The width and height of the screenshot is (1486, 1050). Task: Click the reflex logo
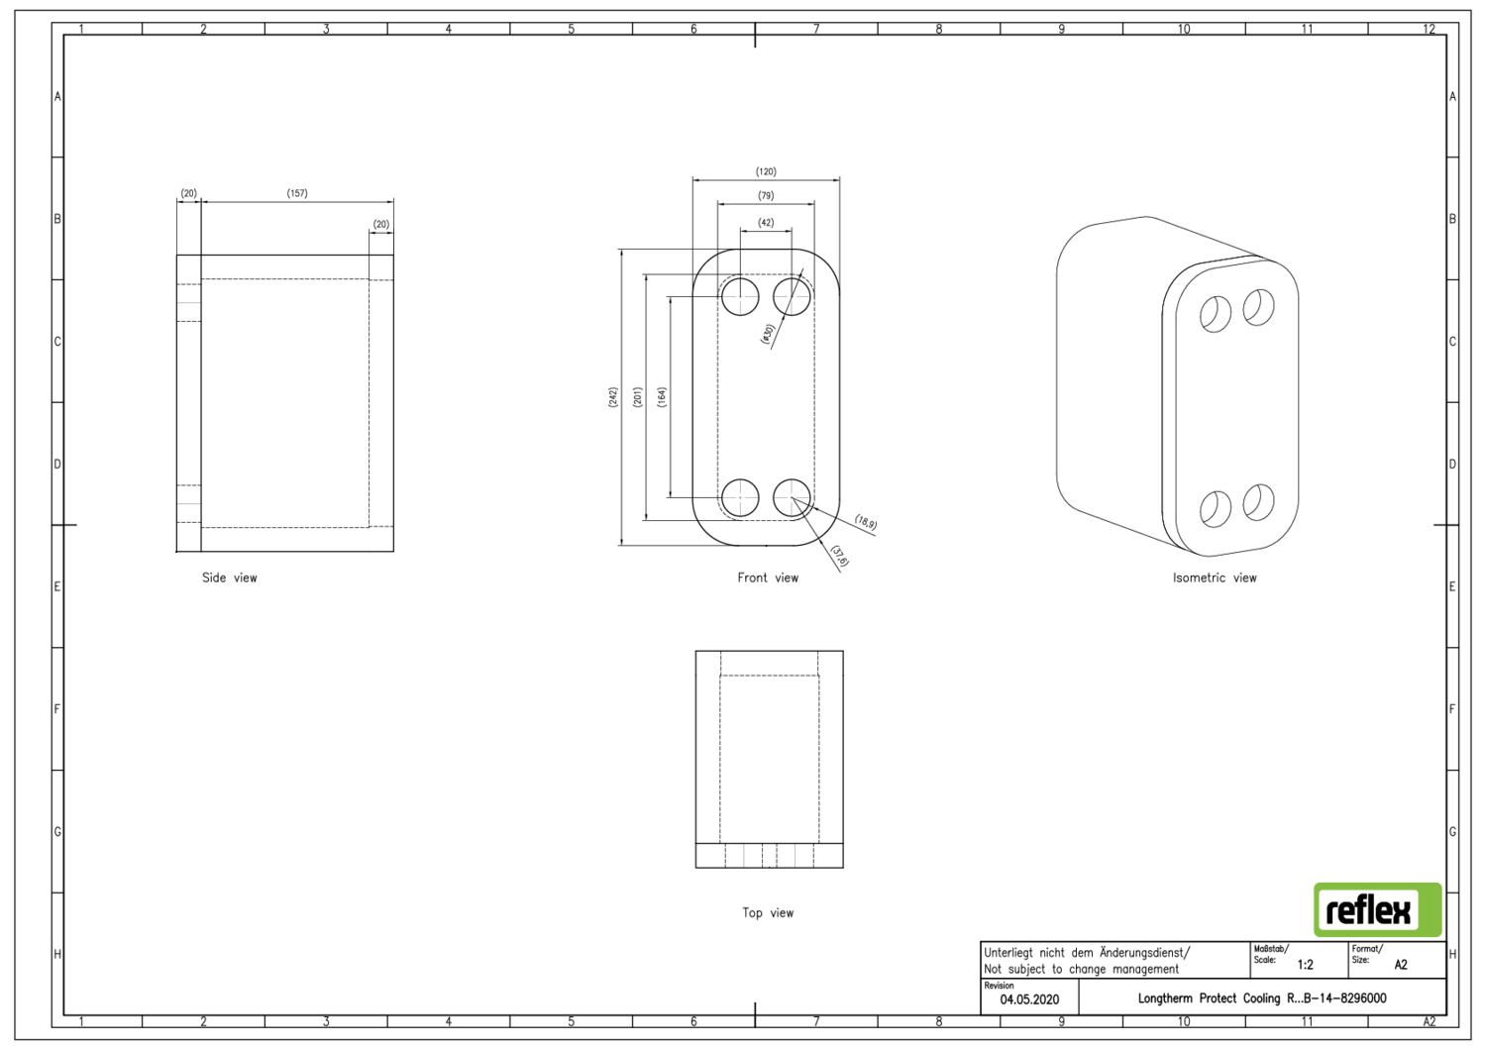1377,910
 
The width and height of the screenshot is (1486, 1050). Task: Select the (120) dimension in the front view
766,172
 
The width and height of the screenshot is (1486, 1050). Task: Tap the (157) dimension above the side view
297,194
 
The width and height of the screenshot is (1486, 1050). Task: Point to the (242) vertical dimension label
613,397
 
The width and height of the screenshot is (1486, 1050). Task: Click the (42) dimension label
766,223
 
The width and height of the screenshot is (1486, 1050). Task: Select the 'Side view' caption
230,578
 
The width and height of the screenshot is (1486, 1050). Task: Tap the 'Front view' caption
768,578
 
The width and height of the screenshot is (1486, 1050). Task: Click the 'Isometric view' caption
1215,578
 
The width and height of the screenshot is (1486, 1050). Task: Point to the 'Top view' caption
768,913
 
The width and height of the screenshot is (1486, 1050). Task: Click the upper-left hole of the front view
740,296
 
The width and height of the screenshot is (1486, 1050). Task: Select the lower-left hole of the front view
740,497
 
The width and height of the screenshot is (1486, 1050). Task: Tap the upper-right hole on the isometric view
1259,307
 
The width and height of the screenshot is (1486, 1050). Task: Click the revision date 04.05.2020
1029,999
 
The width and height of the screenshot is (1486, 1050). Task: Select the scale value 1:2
1306,965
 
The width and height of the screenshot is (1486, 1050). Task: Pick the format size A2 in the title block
1401,965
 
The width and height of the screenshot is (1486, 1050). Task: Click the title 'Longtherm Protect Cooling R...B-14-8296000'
1261,998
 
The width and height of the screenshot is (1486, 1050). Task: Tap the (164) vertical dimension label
662,397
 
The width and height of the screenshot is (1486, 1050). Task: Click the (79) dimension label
766,196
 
